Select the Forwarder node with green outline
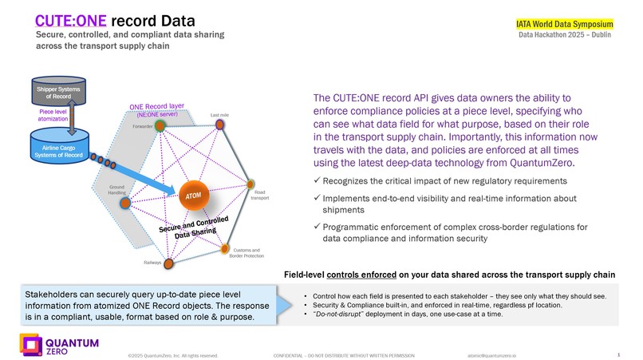160,126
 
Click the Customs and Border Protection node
226,247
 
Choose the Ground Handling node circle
124,204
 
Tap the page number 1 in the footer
620,353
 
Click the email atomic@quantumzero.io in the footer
493,354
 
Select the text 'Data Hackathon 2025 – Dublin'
565,36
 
